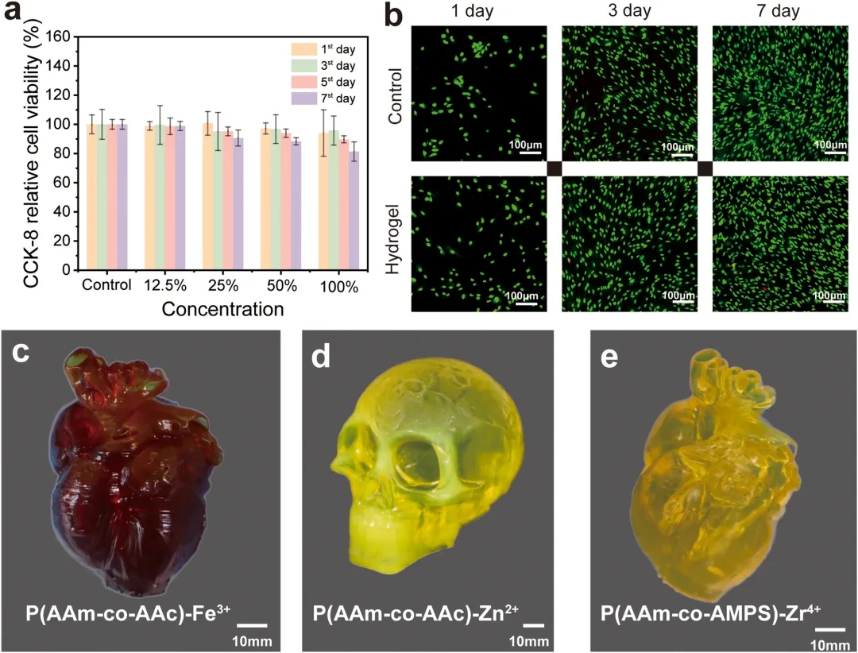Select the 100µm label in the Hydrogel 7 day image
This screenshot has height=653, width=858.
pos(829,296)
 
